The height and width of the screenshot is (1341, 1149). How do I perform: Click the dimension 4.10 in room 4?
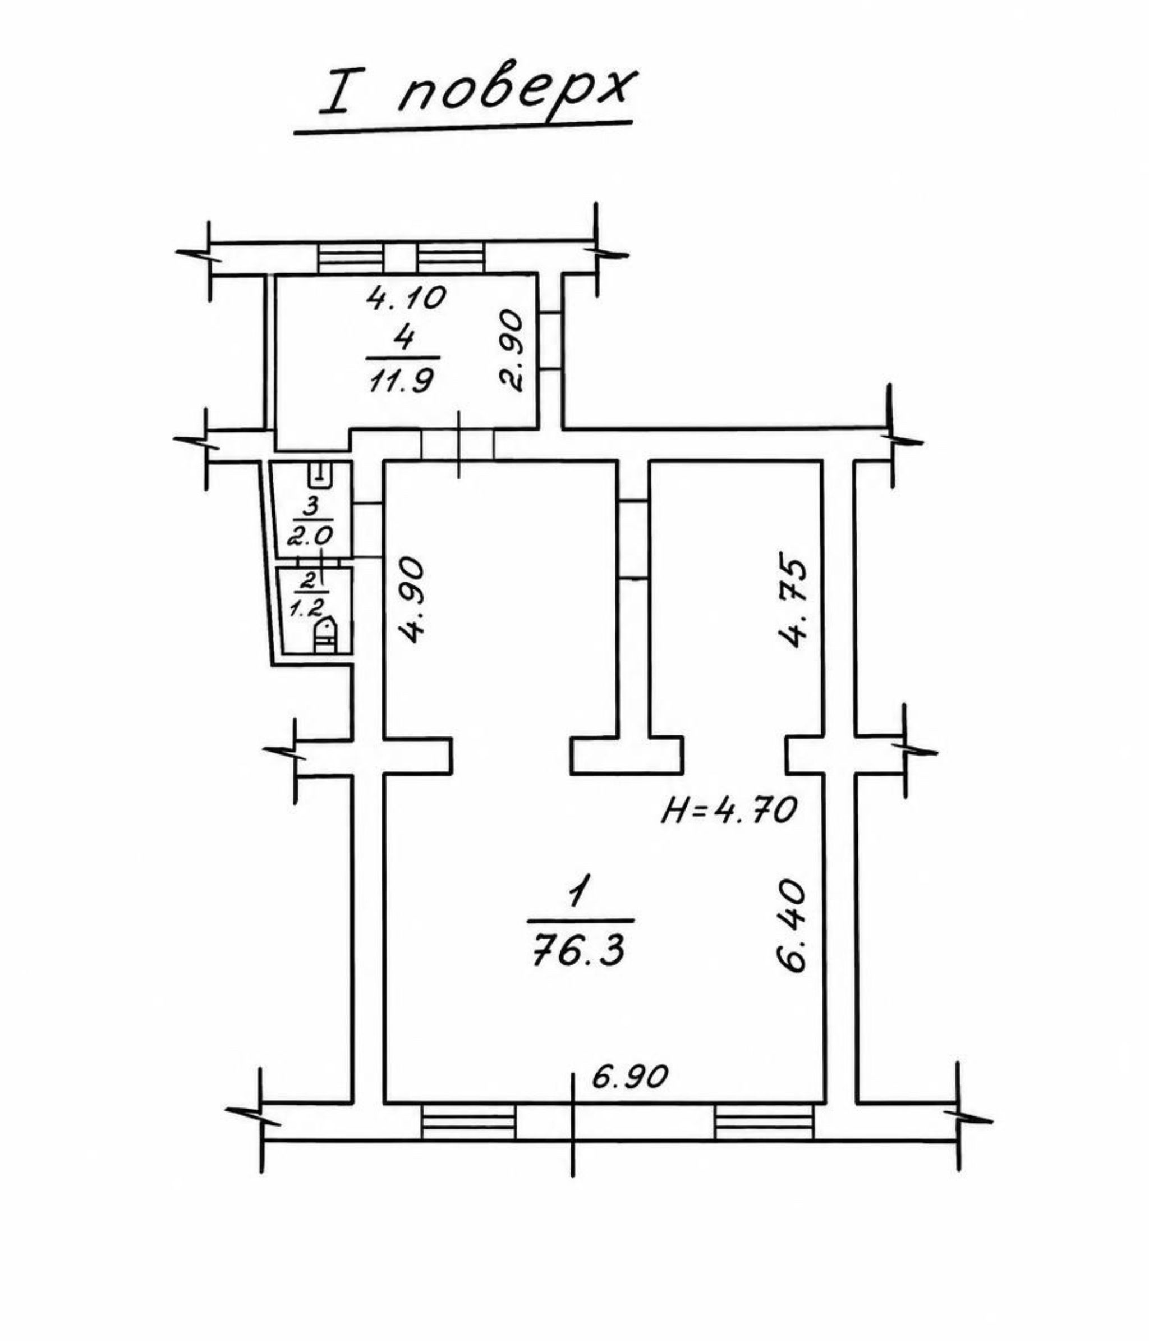(x=406, y=298)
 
